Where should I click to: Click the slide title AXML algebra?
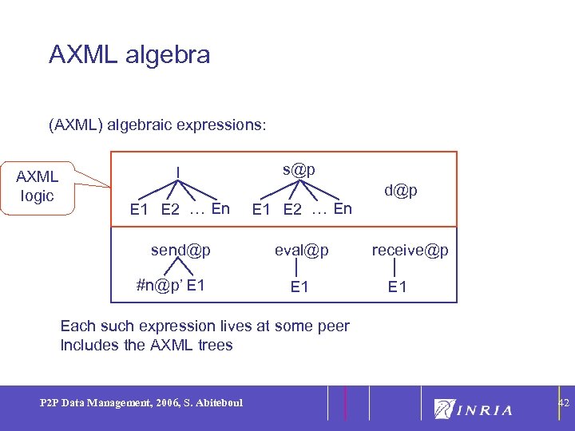[129, 54]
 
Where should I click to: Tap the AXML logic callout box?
[38, 186]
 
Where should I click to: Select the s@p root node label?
[299, 169]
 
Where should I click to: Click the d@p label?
[400, 191]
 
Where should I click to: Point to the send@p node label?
[180, 250]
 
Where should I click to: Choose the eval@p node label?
[301, 250]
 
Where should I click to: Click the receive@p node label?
[410, 250]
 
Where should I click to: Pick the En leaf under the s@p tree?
[342, 209]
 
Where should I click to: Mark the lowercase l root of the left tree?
[178, 170]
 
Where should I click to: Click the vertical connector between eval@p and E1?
[298, 268]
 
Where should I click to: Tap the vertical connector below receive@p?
[395, 268]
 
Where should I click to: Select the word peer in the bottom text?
[333, 326]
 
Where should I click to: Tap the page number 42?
[563, 404]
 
